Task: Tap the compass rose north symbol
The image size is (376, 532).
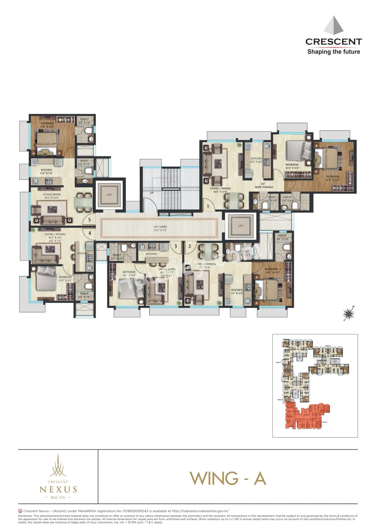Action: (349, 314)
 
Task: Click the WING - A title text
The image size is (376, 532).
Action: (228, 478)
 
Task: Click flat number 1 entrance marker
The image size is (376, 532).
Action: (208, 206)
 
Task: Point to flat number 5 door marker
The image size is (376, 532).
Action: (90, 220)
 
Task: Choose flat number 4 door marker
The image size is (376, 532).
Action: (90, 233)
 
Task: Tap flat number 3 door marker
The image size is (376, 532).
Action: (175, 246)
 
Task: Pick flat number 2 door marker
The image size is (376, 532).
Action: (190, 246)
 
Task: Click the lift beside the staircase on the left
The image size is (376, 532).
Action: (109, 195)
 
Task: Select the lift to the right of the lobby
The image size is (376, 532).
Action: (241, 226)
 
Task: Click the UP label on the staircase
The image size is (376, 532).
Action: (152, 193)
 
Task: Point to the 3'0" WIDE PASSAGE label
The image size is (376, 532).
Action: (264, 185)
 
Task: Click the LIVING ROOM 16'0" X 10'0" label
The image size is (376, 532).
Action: (52, 196)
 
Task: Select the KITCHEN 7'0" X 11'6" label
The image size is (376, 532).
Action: (237, 292)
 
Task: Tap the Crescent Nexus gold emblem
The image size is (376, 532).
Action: (58, 465)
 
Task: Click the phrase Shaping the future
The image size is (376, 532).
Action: (333, 52)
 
